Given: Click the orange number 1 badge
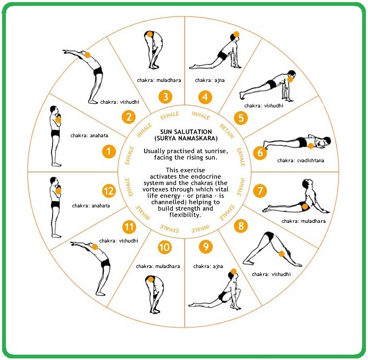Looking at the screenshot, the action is (109, 152).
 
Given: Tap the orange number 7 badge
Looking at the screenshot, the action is (260, 190).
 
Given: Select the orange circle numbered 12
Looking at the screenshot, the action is (109, 191).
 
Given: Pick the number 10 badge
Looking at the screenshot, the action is (164, 247).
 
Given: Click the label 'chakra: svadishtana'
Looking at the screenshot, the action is (300, 161).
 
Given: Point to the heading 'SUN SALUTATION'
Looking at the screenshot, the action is (186, 132).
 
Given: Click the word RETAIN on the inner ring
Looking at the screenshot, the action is (227, 131).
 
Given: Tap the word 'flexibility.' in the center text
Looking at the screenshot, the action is (185, 215).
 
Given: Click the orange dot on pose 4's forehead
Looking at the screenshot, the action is (236, 35).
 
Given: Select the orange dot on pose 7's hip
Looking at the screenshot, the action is (305, 207).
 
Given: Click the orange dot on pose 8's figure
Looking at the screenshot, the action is (282, 254).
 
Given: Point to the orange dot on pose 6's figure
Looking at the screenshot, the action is (311, 146).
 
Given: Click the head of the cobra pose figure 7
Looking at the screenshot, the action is (306, 183).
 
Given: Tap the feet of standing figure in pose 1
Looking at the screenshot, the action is (57, 164).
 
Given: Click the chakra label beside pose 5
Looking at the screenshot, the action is (264, 106).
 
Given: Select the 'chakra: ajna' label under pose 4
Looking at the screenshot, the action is (210, 80).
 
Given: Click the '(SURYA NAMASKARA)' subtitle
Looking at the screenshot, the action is (186, 138).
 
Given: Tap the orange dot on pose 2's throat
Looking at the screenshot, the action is (87, 55).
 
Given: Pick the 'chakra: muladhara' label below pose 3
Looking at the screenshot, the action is (159, 80).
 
